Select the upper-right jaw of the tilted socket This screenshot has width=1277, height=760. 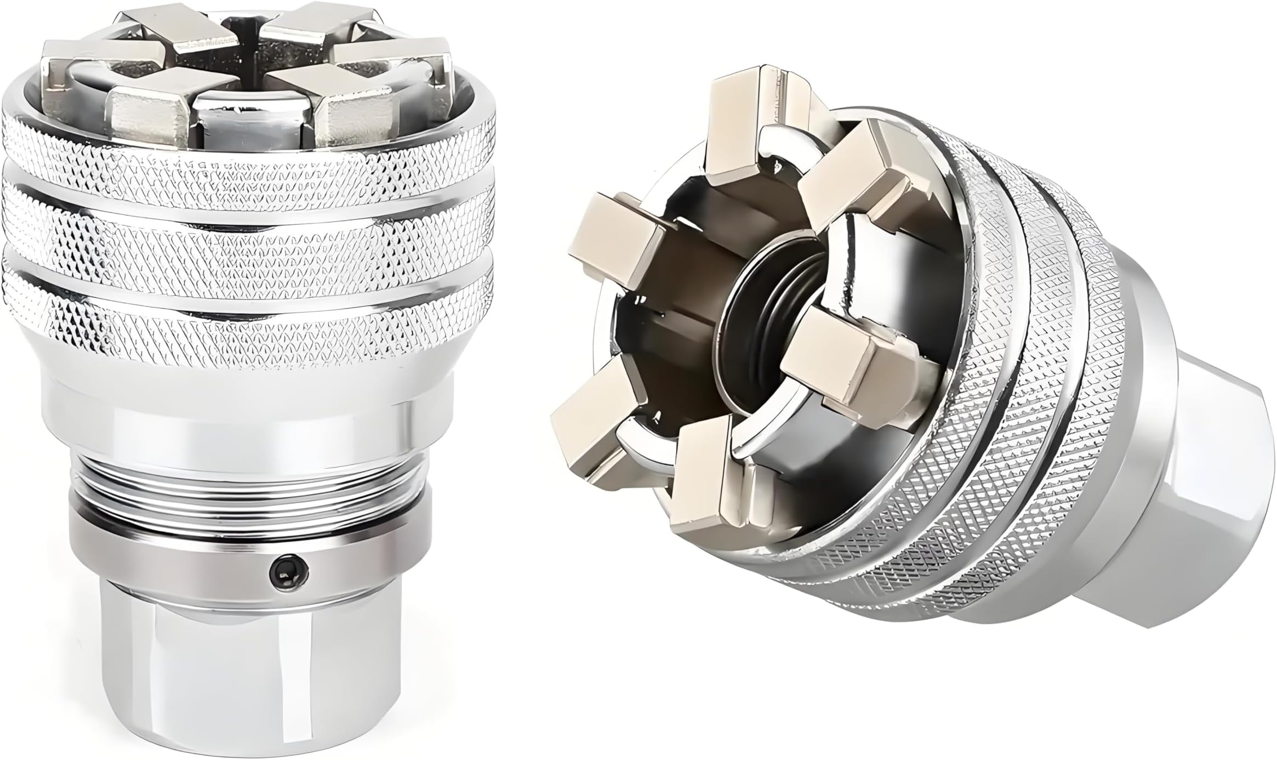click(860, 181)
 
